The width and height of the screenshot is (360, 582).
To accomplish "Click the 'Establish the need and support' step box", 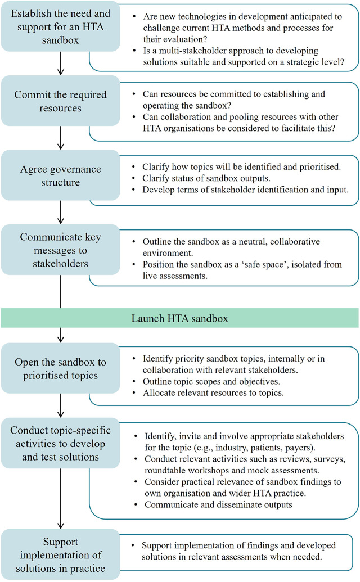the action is tap(61, 27).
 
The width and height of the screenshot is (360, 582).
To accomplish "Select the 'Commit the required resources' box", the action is tap(61, 101).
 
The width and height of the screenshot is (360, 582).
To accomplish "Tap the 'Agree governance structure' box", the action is tap(61, 175).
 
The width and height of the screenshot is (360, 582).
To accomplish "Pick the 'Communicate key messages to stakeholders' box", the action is tap(61, 250).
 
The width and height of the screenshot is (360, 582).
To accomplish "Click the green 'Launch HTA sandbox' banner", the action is tap(180, 318).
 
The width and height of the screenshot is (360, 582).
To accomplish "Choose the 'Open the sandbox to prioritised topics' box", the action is tap(61, 368).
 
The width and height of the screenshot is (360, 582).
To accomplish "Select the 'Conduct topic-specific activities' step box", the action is tap(61, 443).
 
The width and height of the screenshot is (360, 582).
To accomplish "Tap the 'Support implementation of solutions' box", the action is tap(61, 554).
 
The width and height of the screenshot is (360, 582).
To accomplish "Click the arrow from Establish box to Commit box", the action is tap(61, 64).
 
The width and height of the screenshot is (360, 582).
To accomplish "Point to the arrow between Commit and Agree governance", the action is tap(61, 138).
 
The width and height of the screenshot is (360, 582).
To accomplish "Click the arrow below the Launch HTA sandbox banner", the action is tap(61, 335).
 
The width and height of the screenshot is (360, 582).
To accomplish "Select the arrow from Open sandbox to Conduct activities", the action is tap(61, 405).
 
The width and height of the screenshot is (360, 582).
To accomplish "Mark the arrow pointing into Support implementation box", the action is tap(61, 499).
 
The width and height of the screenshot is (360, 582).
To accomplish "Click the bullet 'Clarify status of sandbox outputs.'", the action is tap(206, 178).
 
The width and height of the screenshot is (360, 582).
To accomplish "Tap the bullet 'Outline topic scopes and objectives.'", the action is tap(211, 381).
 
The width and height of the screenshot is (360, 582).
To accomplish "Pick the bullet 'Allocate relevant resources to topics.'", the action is tap(213, 392).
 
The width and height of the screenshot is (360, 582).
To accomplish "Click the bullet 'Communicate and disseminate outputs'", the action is tap(219, 504).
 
